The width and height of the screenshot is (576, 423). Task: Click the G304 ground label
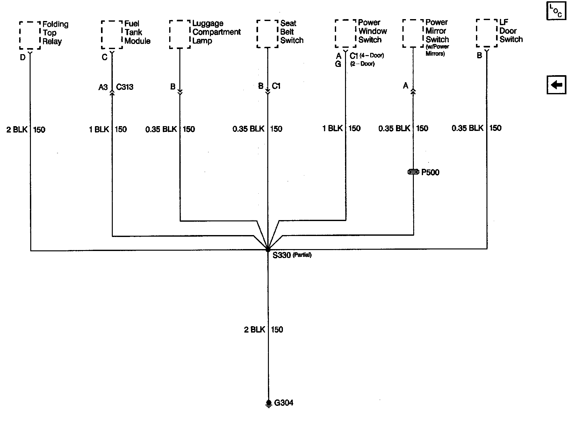(x=284, y=403)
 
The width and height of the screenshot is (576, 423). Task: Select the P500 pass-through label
(x=430, y=172)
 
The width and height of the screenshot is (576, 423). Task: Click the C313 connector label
(x=125, y=87)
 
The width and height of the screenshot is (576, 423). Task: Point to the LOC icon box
(x=556, y=11)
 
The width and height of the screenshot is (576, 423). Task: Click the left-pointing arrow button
(x=556, y=85)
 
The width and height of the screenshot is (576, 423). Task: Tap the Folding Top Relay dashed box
(x=30, y=35)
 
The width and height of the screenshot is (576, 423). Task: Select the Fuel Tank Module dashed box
(x=112, y=35)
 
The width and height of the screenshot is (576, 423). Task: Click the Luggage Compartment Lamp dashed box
(x=180, y=34)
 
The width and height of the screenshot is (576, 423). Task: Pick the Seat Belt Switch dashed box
(x=267, y=34)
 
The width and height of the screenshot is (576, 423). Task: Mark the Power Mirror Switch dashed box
(x=413, y=33)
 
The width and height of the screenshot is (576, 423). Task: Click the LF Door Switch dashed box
(x=486, y=33)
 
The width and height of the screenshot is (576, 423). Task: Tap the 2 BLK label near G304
(x=255, y=330)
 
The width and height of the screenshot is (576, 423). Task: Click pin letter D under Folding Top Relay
(x=23, y=58)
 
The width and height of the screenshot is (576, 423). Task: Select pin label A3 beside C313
(x=103, y=87)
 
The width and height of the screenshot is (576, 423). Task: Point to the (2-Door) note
(x=363, y=64)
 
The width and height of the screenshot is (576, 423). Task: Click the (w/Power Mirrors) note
(x=437, y=50)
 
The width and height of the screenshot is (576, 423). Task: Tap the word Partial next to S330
(x=302, y=255)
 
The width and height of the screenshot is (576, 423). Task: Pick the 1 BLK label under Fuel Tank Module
(x=99, y=129)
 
